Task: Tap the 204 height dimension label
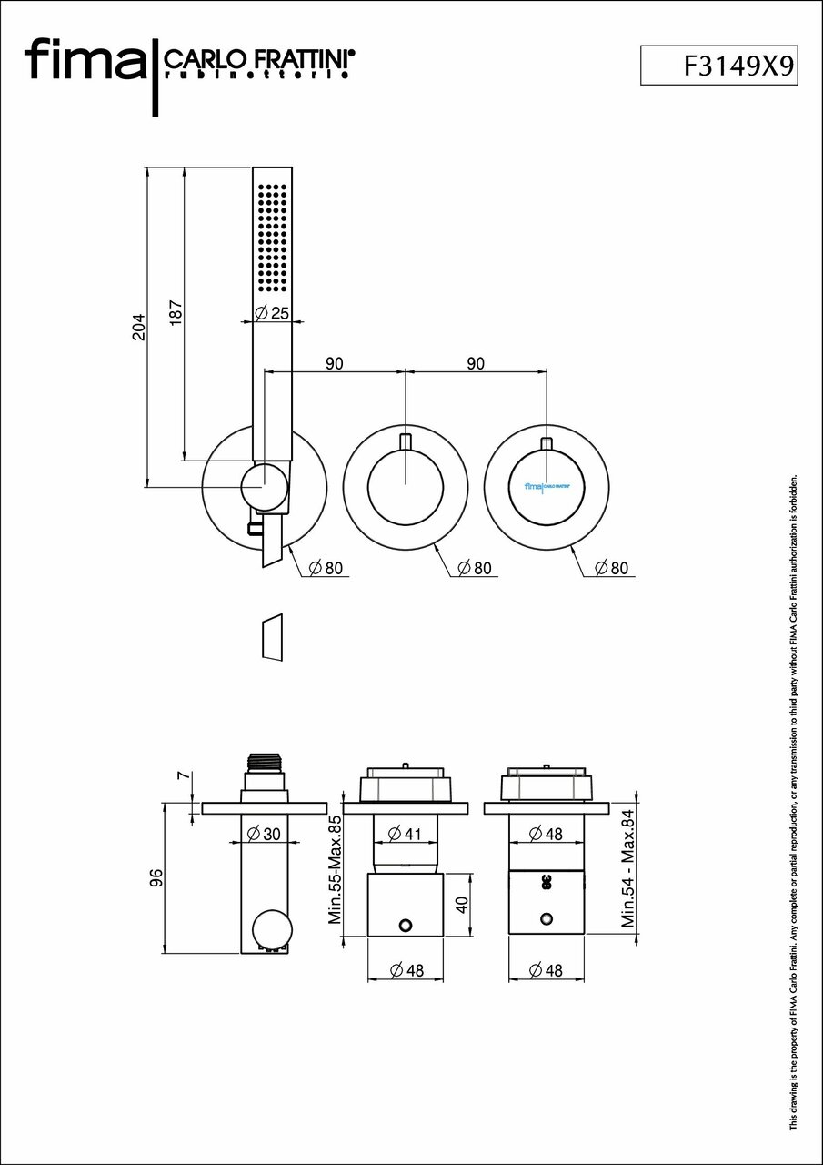[138, 328]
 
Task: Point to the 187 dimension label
[176, 313]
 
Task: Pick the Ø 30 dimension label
[265, 834]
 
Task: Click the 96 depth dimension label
[156, 878]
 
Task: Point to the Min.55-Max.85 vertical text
[335, 870]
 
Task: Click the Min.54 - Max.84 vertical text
[627, 870]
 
